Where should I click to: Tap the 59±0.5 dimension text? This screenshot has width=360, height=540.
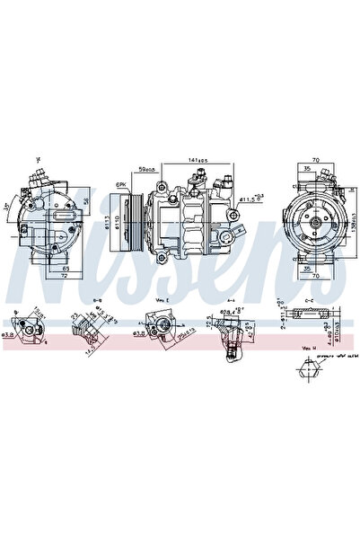click(145, 168)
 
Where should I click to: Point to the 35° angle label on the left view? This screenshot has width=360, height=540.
click(6, 206)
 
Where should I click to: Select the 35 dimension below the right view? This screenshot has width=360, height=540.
click(307, 269)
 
